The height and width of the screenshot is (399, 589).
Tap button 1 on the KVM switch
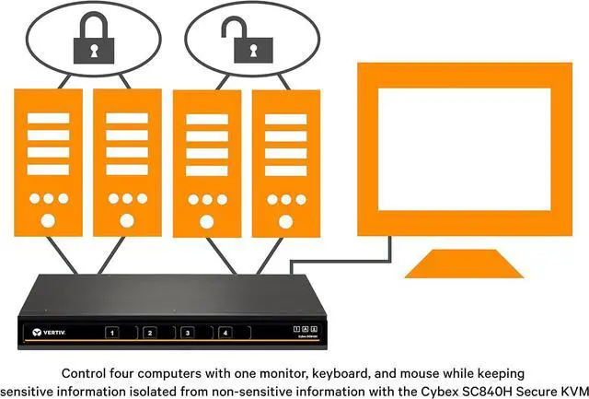point(112,333)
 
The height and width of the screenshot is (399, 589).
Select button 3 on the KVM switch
point(187,333)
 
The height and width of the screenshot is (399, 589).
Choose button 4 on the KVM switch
point(224,333)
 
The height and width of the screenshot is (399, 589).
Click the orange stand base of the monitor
point(451,267)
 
